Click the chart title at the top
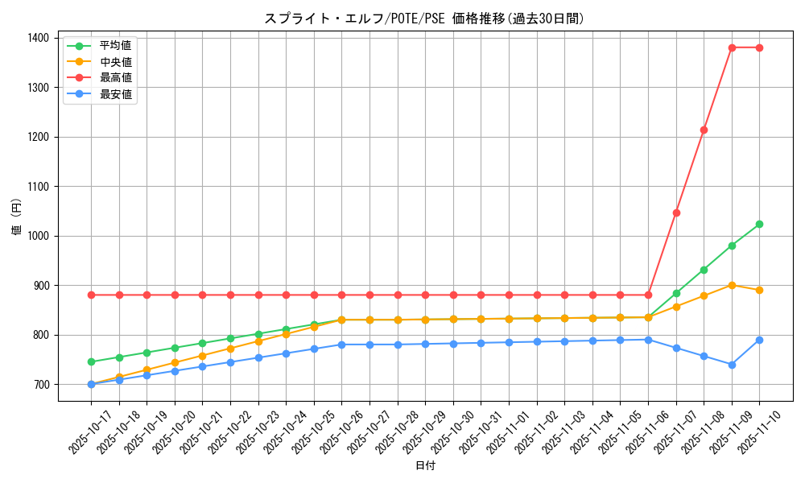[x=424, y=19]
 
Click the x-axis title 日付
[x=425, y=466]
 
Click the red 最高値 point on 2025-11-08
[x=704, y=130]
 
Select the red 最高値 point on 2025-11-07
[x=676, y=213]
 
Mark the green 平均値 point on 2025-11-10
[x=759, y=224]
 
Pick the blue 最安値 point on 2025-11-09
[x=732, y=365]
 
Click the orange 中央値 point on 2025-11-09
[x=732, y=285]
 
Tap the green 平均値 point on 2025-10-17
[x=91, y=361]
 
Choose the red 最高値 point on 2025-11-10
[x=759, y=47]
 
